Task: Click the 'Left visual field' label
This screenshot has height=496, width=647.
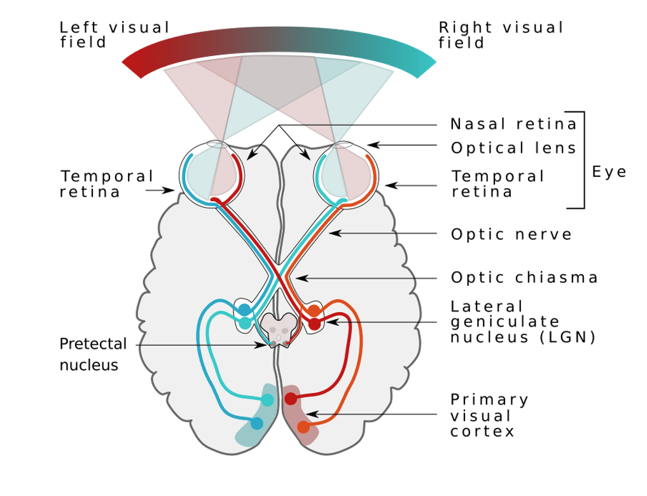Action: click(x=115, y=36)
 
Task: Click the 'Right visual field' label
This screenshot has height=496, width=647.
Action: click(x=501, y=36)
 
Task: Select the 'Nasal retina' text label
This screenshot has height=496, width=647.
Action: click(x=513, y=124)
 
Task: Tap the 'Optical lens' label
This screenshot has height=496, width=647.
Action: click(x=513, y=148)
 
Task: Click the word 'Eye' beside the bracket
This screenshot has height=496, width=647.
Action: click(x=609, y=172)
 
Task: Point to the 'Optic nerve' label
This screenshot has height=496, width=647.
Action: click(x=511, y=234)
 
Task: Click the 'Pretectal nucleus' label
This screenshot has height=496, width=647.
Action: click(x=93, y=355)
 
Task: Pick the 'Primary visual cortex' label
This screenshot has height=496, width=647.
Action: click(x=489, y=415)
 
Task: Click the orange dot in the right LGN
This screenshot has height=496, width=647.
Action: click(x=314, y=311)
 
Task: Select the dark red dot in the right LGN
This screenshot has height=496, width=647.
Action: click(x=314, y=324)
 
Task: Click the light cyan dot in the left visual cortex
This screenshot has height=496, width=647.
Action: click(x=268, y=400)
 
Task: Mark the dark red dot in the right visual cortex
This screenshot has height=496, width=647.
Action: click(x=290, y=399)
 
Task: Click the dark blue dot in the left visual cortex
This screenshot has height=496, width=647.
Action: click(x=256, y=423)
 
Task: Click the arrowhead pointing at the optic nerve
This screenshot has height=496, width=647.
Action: click(x=331, y=234)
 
